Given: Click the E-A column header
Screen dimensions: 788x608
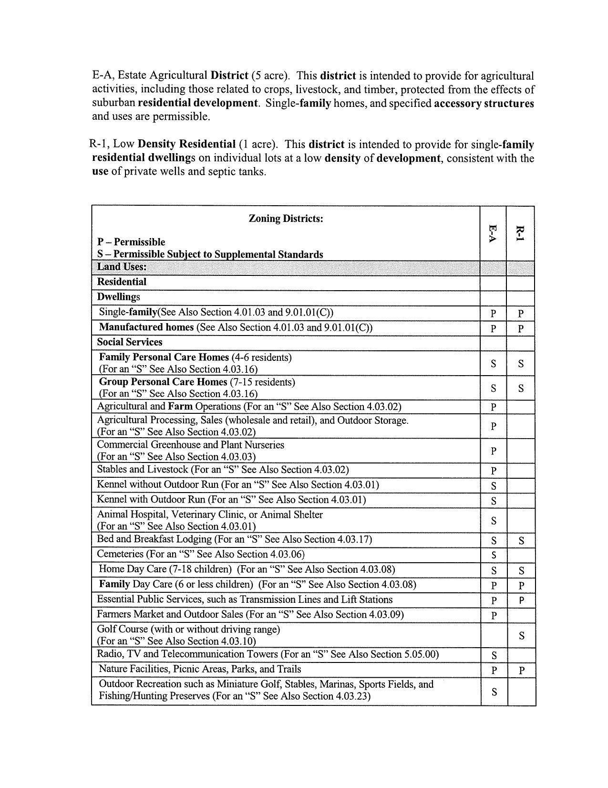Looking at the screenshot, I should (493, 233).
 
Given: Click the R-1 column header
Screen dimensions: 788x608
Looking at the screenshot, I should (520, 233).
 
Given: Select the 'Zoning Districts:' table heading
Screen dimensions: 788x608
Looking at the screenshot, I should (286, 219).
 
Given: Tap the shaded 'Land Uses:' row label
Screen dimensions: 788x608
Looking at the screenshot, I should (122, 267).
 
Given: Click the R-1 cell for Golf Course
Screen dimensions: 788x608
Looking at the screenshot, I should (522, 635).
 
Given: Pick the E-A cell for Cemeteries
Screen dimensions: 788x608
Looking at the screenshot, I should (494, 555).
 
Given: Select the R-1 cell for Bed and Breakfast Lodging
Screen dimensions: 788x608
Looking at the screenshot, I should (522, 540).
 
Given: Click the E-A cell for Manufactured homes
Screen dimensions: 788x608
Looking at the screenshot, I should (493, 328).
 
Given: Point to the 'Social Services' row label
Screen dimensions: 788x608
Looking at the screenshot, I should (130, 342).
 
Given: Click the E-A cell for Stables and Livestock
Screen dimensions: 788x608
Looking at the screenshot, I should (494, 471).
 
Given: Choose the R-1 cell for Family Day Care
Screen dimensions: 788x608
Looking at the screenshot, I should (522, 585).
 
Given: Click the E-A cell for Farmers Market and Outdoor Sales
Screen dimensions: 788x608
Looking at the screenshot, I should (494, 615).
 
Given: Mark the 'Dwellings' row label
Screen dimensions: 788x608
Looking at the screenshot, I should (119, 297).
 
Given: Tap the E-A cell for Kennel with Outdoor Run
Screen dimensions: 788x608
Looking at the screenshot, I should (494, 501).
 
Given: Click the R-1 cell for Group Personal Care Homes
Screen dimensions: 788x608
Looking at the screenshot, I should (521, 388).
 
